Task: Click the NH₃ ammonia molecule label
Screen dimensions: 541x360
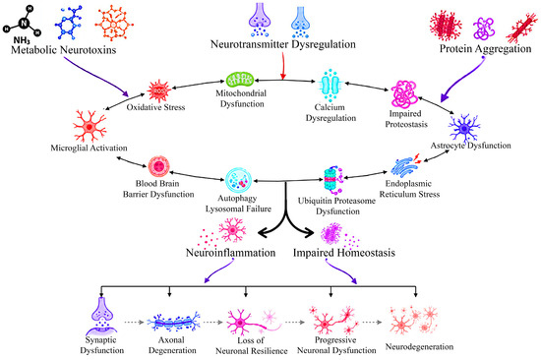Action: coord(22,41)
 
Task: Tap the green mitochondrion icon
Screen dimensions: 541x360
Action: coord(240,80)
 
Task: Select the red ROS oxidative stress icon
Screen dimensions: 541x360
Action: coord(158,90)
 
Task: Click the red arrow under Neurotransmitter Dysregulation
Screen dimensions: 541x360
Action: coord(283,66)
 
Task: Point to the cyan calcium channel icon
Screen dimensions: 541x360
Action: coord(330,85)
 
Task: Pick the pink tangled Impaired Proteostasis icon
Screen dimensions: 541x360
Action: coord(404,93)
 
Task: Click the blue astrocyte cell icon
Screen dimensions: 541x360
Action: coord(464,128)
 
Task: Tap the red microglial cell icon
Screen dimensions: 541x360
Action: coord(90,126)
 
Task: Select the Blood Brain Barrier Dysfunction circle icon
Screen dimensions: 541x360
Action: coord(158,166)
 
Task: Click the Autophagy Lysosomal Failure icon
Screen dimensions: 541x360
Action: coord(238,180)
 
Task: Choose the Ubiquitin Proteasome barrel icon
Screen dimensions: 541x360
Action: coord(332,180)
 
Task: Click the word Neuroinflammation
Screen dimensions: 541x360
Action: coord(230,253)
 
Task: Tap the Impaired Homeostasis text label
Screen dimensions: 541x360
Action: coord(344,253)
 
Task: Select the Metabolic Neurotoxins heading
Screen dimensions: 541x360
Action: coord(64,50)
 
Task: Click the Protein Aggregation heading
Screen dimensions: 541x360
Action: coord(485,49)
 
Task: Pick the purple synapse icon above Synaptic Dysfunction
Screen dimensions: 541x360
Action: coord(101,316)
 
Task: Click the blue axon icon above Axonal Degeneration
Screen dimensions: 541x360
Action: coord(173,323)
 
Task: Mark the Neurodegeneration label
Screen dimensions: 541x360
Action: coord(419,346)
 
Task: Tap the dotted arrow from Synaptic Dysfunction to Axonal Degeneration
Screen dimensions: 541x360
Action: coord(134,323)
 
